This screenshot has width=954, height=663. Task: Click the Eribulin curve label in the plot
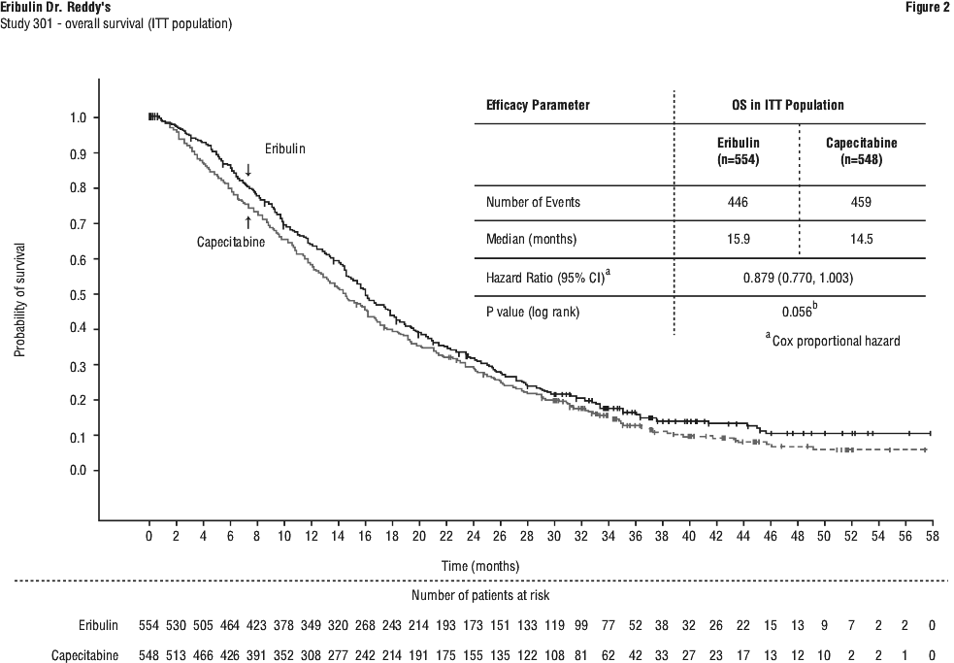tap(286, 148)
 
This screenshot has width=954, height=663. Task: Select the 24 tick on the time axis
tap(473, 536)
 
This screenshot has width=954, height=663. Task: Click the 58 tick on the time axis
tap(932, 536)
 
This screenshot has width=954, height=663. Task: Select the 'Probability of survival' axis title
tap(19, 293)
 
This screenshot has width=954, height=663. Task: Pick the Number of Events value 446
tap(738, 203)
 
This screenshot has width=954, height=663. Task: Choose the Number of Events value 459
tap(861, 203)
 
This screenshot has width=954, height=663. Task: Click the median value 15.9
tap(738, 239)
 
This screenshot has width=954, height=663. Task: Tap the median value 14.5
tap(861, 239)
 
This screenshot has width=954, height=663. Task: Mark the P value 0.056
tap(797, 313)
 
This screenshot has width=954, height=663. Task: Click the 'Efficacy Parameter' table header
tap(538, 105)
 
